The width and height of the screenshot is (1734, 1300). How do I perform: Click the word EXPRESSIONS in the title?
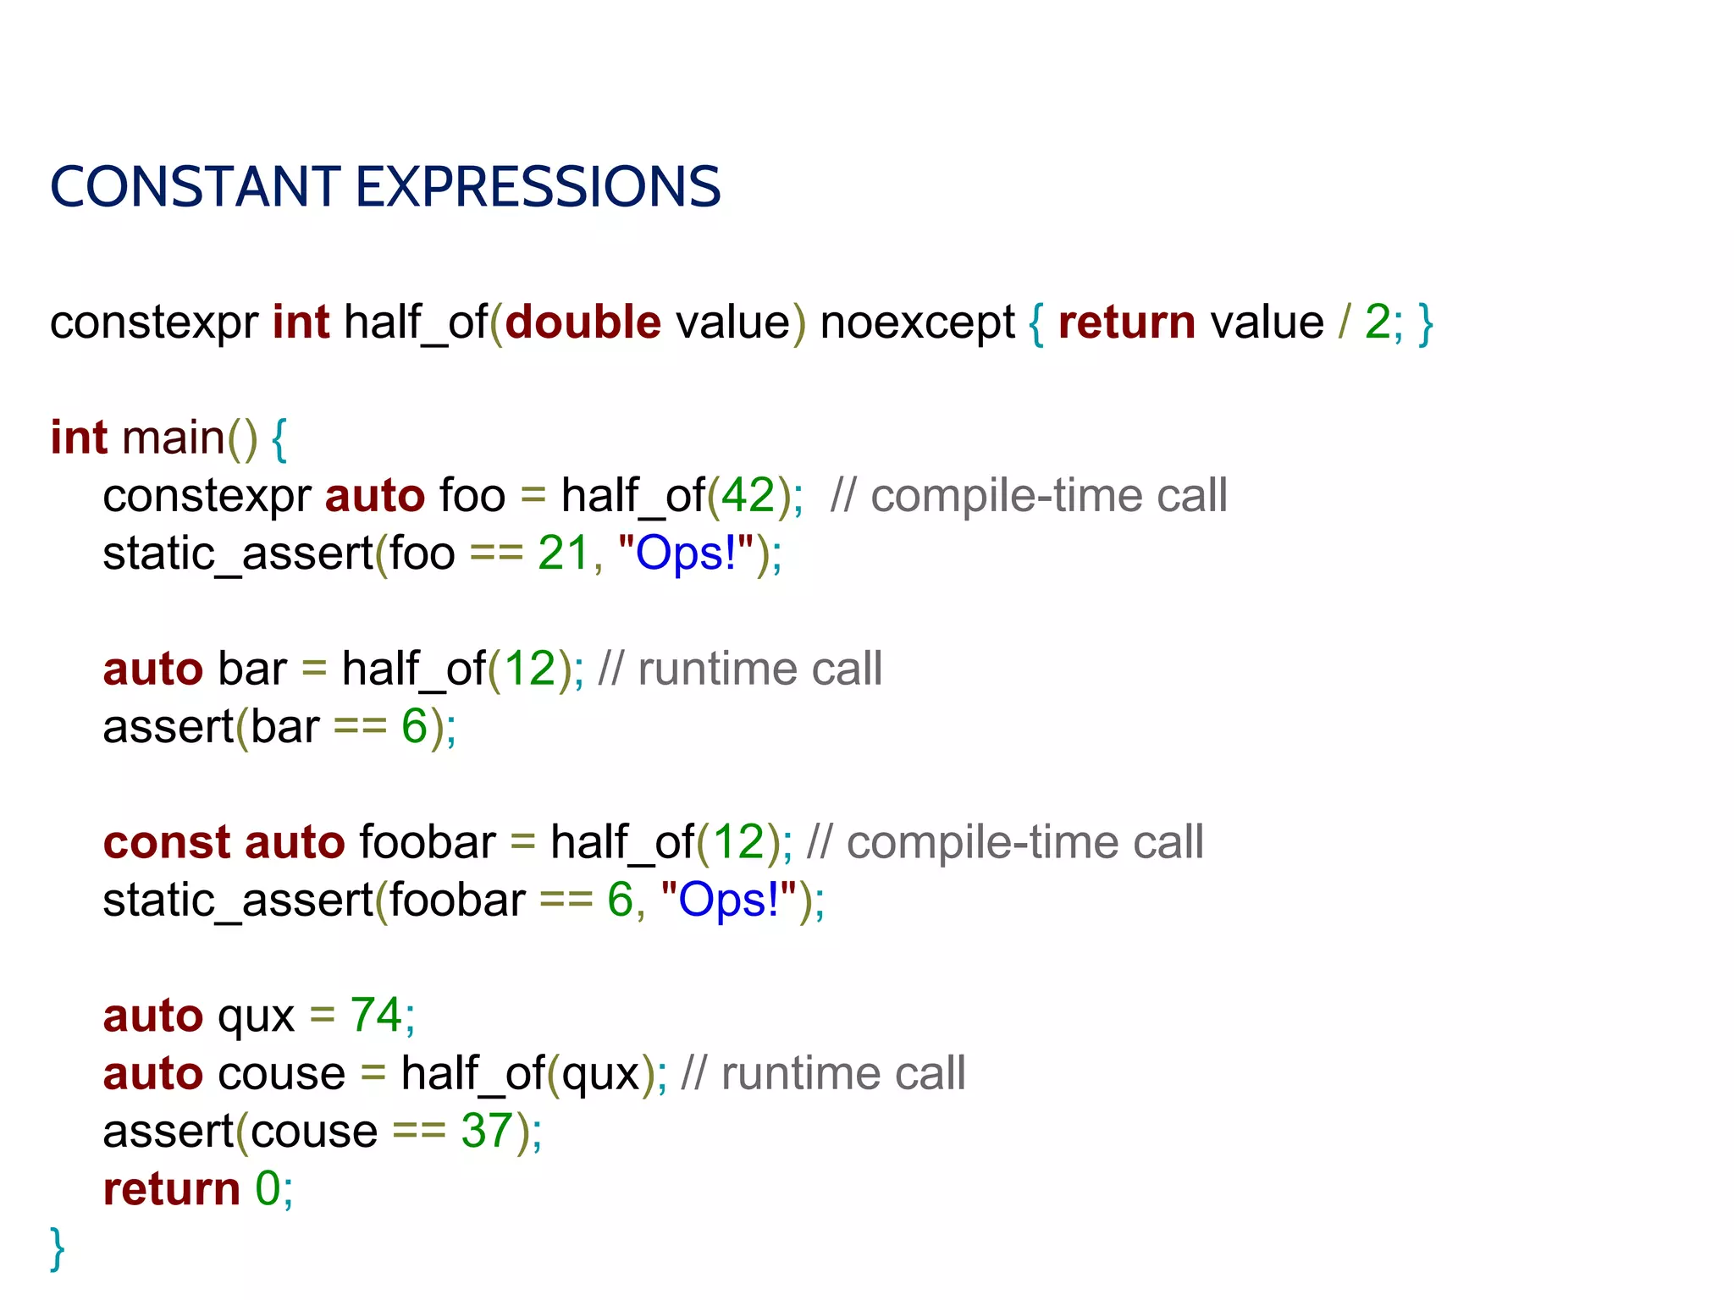pyautogui.click(x=538, y=187)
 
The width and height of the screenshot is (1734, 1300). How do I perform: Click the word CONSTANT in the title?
pyautogui.click(x=196, y=187)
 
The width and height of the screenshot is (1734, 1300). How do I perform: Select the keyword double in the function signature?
pyautogui.click(x=583, y=322)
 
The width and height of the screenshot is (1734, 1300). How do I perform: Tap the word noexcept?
pyautogui.click(x=917, y=322)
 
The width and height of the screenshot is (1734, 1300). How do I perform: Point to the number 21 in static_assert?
pyautogui.click(x=563, y=554)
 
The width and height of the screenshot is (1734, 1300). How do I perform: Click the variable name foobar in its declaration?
pyautogui.click(x=428, y=842)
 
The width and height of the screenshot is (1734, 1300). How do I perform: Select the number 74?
pyautogui.click(x=376, y=1015)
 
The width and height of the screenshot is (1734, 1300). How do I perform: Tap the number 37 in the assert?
pyautogui.click(x=487, y=1131)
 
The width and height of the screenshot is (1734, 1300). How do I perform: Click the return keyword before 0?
pyautogui.click(x=172, y=1189)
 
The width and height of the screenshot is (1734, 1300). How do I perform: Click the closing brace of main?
pyautogui.click(x=58, y=1248)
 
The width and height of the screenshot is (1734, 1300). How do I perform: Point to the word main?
pyautogui.click(x=174, y=438)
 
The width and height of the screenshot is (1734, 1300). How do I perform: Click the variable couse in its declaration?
pyautogui.click(x=282, y=1073)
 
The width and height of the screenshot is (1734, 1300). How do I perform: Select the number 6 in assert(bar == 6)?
pyautogui.click(x=414, y=726)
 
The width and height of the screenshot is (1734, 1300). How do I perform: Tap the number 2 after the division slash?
pyautogui.click(x=1377, y=322)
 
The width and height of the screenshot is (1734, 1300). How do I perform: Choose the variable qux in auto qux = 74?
pyautogui.click(x=257, y=1016)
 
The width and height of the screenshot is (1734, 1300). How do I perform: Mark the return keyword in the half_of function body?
pyautogui.click(x=1127, y=322)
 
